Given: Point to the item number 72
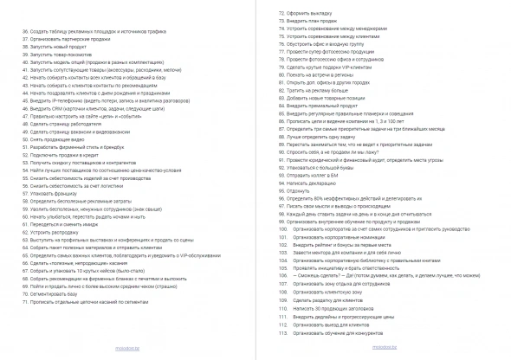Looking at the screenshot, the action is [x=281, y=15].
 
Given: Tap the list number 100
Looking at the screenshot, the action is [x=281, y=228].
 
